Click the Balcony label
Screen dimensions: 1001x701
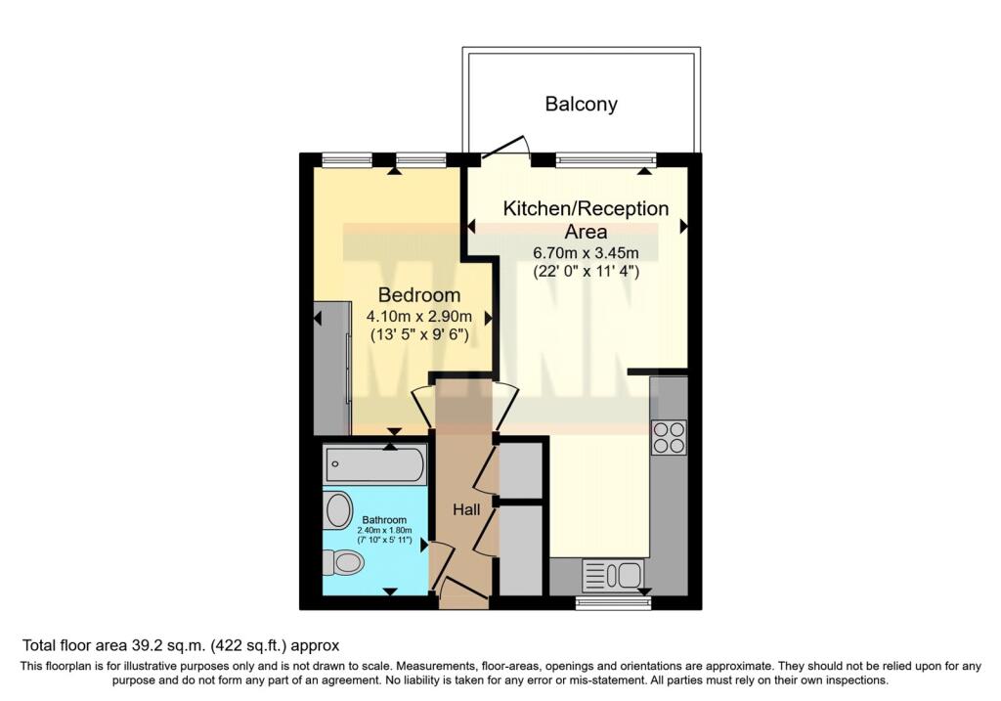[581, 104]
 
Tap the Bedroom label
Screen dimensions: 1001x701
[418, 295]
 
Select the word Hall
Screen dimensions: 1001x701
[466, 509]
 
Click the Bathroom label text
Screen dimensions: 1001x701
[384, 520]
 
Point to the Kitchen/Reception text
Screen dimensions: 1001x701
[586, 209]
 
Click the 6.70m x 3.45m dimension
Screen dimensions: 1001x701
[586, 253]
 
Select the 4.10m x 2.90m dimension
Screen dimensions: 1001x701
[418, 316]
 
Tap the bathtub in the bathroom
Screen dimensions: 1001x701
[374, 463]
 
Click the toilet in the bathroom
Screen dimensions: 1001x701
[343, 563]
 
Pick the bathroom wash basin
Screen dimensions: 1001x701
[339, 510]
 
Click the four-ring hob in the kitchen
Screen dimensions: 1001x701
[669, 437]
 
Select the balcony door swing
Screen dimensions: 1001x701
[506, 147]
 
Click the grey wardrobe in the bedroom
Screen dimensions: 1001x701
[332, 369]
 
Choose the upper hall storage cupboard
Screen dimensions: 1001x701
[520, 469]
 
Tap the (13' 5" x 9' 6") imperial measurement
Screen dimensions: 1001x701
[419, 334]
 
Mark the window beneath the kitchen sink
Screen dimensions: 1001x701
[614, 602]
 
